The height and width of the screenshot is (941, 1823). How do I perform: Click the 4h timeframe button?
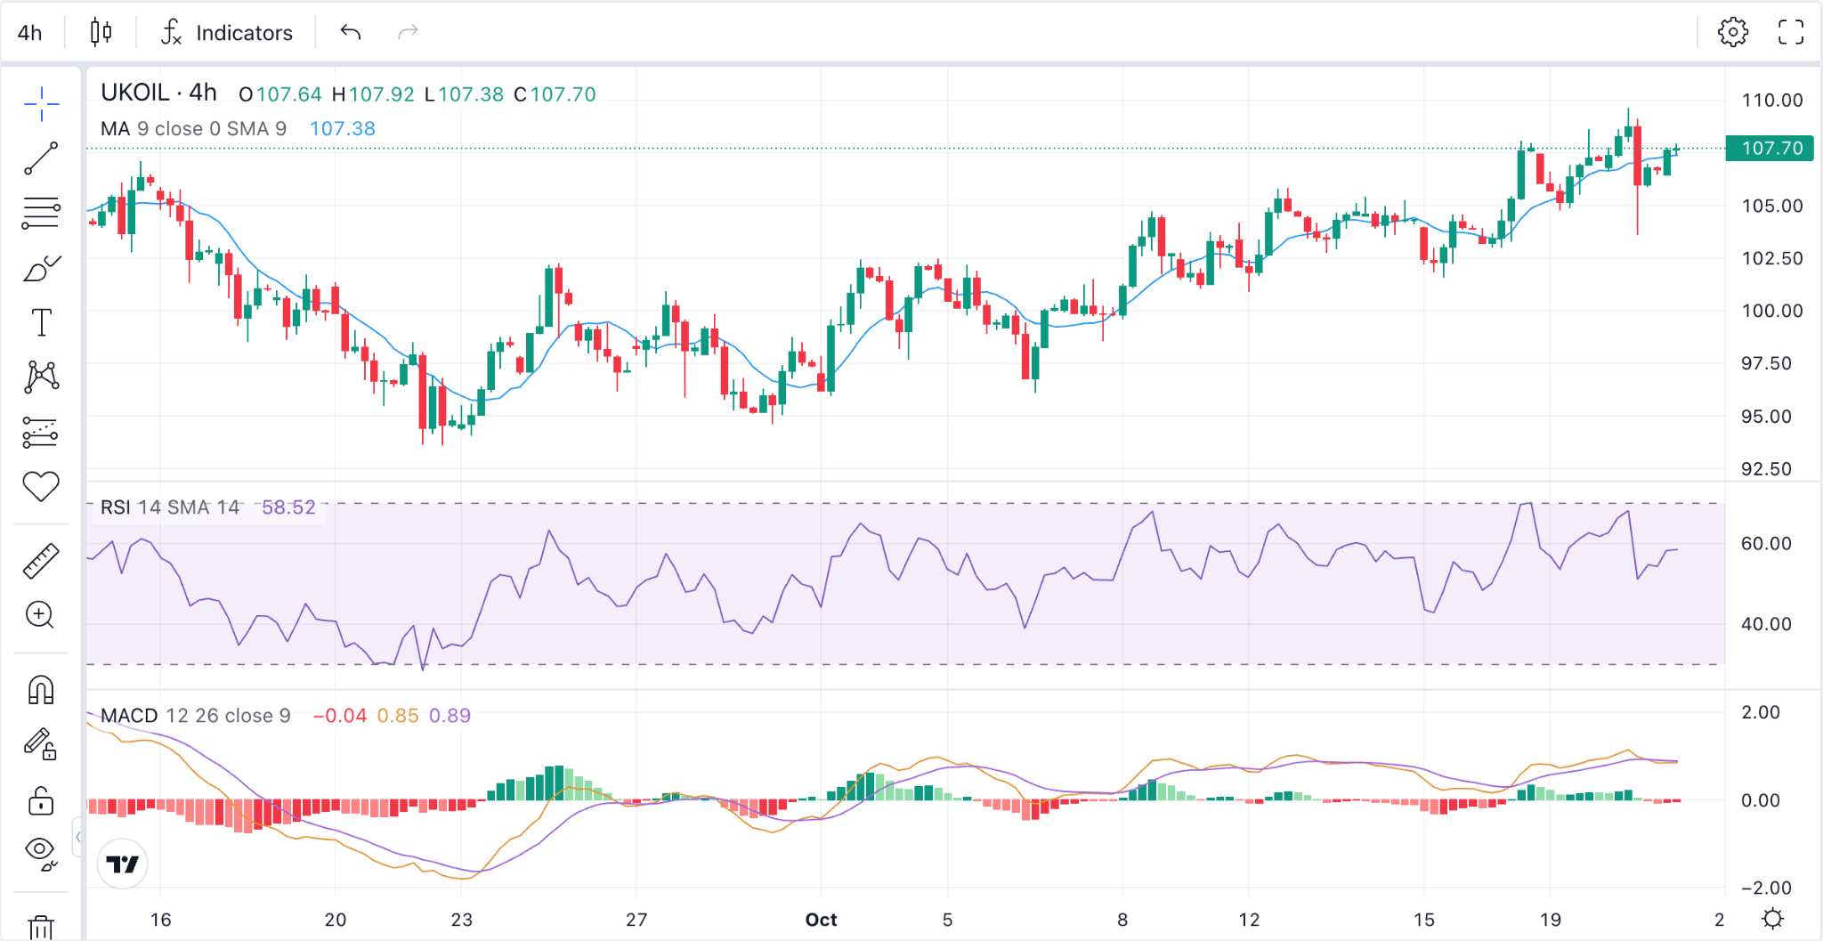click(30, 33)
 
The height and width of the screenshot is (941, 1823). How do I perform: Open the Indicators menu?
click(226, 33)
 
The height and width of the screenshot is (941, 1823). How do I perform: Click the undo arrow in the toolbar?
click(351, 33)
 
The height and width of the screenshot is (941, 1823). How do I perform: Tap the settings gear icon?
click(1732, 32)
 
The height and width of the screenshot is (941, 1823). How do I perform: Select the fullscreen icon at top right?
click(1791, 32)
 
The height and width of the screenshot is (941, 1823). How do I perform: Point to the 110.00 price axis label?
click(1772, 101)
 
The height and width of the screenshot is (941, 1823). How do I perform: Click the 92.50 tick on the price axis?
click(1766, 469)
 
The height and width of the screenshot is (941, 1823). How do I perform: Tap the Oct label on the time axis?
click(821, 920)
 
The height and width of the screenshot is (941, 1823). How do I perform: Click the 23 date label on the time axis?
click(461, 920)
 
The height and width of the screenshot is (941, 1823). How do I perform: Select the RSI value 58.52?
click(288, 507)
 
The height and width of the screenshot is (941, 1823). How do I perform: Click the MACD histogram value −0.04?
click(339, 716)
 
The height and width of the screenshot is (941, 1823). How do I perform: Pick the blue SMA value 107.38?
click(343, 129)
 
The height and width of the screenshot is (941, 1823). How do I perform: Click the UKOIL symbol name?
click(135, 93)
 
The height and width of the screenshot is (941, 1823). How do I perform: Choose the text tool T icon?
click(41, 322)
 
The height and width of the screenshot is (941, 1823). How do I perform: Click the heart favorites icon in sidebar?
click(41, 486)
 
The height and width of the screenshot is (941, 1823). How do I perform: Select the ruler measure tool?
click(41, 561)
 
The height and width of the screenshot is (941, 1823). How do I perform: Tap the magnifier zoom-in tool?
click(40, 615)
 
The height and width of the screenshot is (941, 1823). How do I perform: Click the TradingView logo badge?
click(122, 864)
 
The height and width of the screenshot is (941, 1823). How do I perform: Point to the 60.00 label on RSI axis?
click(1766, 544)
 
